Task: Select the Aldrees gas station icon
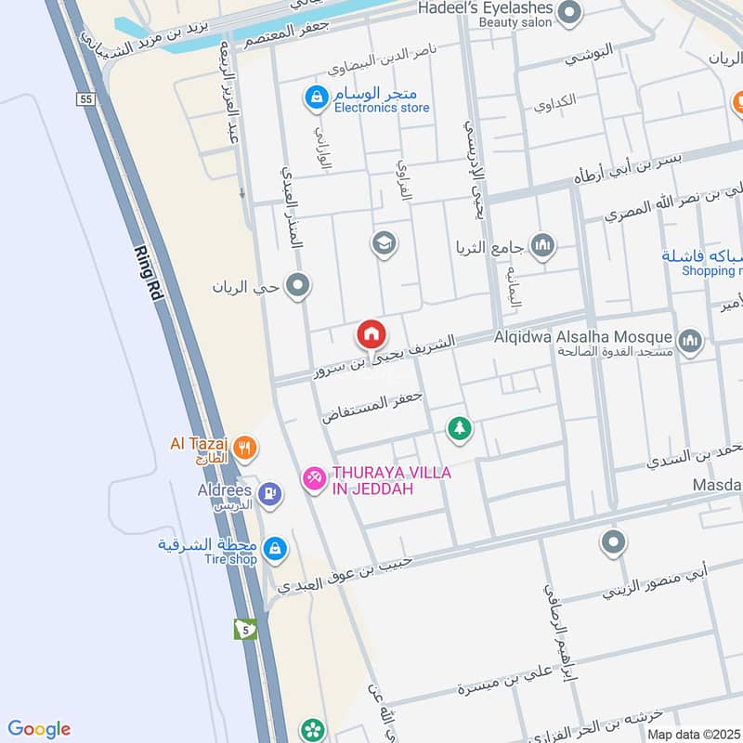270,492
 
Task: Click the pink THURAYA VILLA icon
313,478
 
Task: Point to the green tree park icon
459,428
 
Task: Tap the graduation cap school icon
383,244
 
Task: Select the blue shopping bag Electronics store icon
317,97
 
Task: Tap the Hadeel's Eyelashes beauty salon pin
570,13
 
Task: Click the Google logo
39,729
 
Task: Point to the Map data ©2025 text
692,734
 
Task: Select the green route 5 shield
245,630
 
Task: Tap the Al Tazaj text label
200,444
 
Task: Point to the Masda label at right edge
719,486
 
